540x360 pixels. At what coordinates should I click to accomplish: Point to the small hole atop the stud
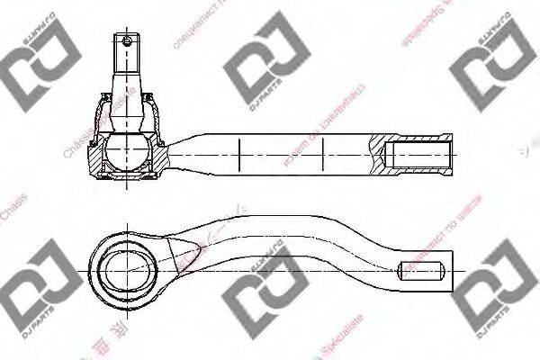point(128,40)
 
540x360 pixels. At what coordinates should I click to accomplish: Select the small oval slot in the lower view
point(418,269)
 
